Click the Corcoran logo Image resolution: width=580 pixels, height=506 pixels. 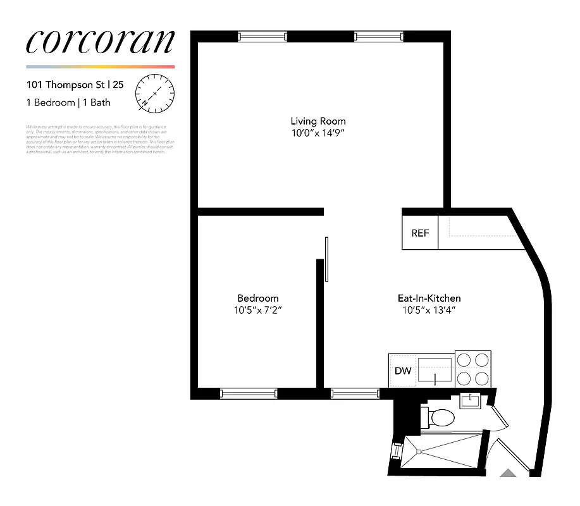point(100,42)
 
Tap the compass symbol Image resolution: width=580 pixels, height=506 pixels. point(155,92)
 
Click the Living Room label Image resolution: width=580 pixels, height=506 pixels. point(318,121)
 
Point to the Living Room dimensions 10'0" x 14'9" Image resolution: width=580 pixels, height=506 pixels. point(318,133)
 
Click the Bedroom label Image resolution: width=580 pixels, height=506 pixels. point(257,298)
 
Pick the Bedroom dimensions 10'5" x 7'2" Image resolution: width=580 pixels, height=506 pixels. point(257,311)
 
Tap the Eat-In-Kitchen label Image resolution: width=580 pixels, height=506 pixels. point(429,298)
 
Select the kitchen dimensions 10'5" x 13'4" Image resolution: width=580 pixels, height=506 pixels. point(429,311)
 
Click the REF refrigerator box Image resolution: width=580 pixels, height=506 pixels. point(420,233)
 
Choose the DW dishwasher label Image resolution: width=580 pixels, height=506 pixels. point(403,371)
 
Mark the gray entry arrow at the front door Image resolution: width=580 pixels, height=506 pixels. point(508,472)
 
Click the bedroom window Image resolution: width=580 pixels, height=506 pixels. point(249,393)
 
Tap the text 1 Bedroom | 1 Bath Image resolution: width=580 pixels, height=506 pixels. point(68,102)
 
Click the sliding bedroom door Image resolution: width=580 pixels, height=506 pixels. point(326,259)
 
